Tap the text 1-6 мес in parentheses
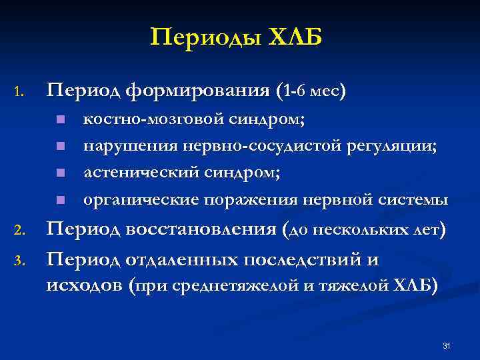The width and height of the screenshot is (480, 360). tap(311, 91)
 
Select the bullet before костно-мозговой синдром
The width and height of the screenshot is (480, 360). tap(59, 121)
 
